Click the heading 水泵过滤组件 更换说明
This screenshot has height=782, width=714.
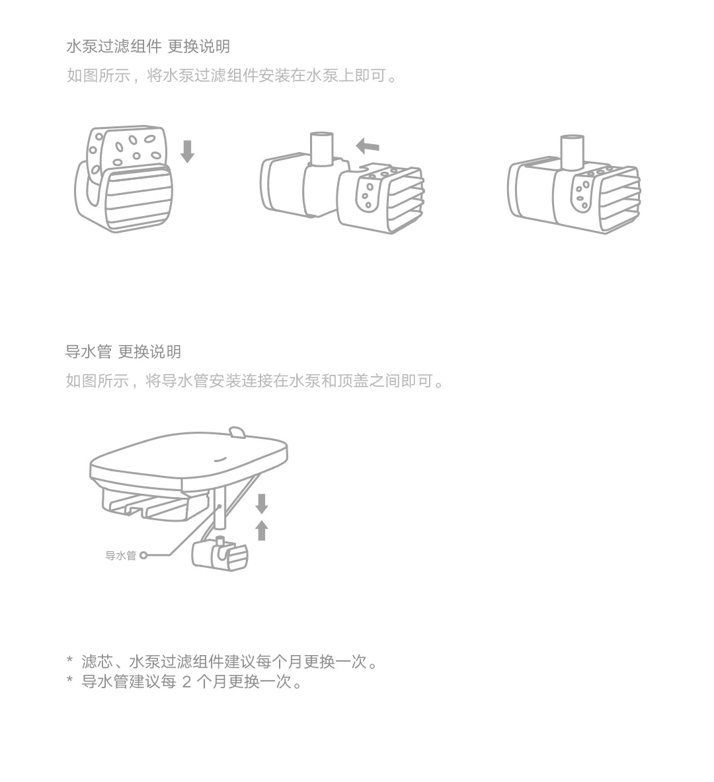pos(148,46)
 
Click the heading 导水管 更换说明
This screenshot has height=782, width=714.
pos(123,352)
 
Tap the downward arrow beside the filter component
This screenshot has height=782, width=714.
pos(188,151)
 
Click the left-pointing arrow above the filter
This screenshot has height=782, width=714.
pos(368,145)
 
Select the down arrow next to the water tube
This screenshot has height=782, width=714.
pos(262,504)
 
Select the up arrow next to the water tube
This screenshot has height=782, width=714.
pos(262,530)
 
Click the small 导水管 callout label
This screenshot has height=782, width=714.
pos(120,556)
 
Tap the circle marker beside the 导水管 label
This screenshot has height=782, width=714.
pos(143,556)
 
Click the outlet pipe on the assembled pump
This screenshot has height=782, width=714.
pos(572,151)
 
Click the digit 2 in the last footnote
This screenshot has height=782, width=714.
pos(186,682)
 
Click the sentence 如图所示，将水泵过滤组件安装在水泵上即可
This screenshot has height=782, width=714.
pos(233,75)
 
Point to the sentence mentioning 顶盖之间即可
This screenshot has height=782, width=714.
pos(255,381)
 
